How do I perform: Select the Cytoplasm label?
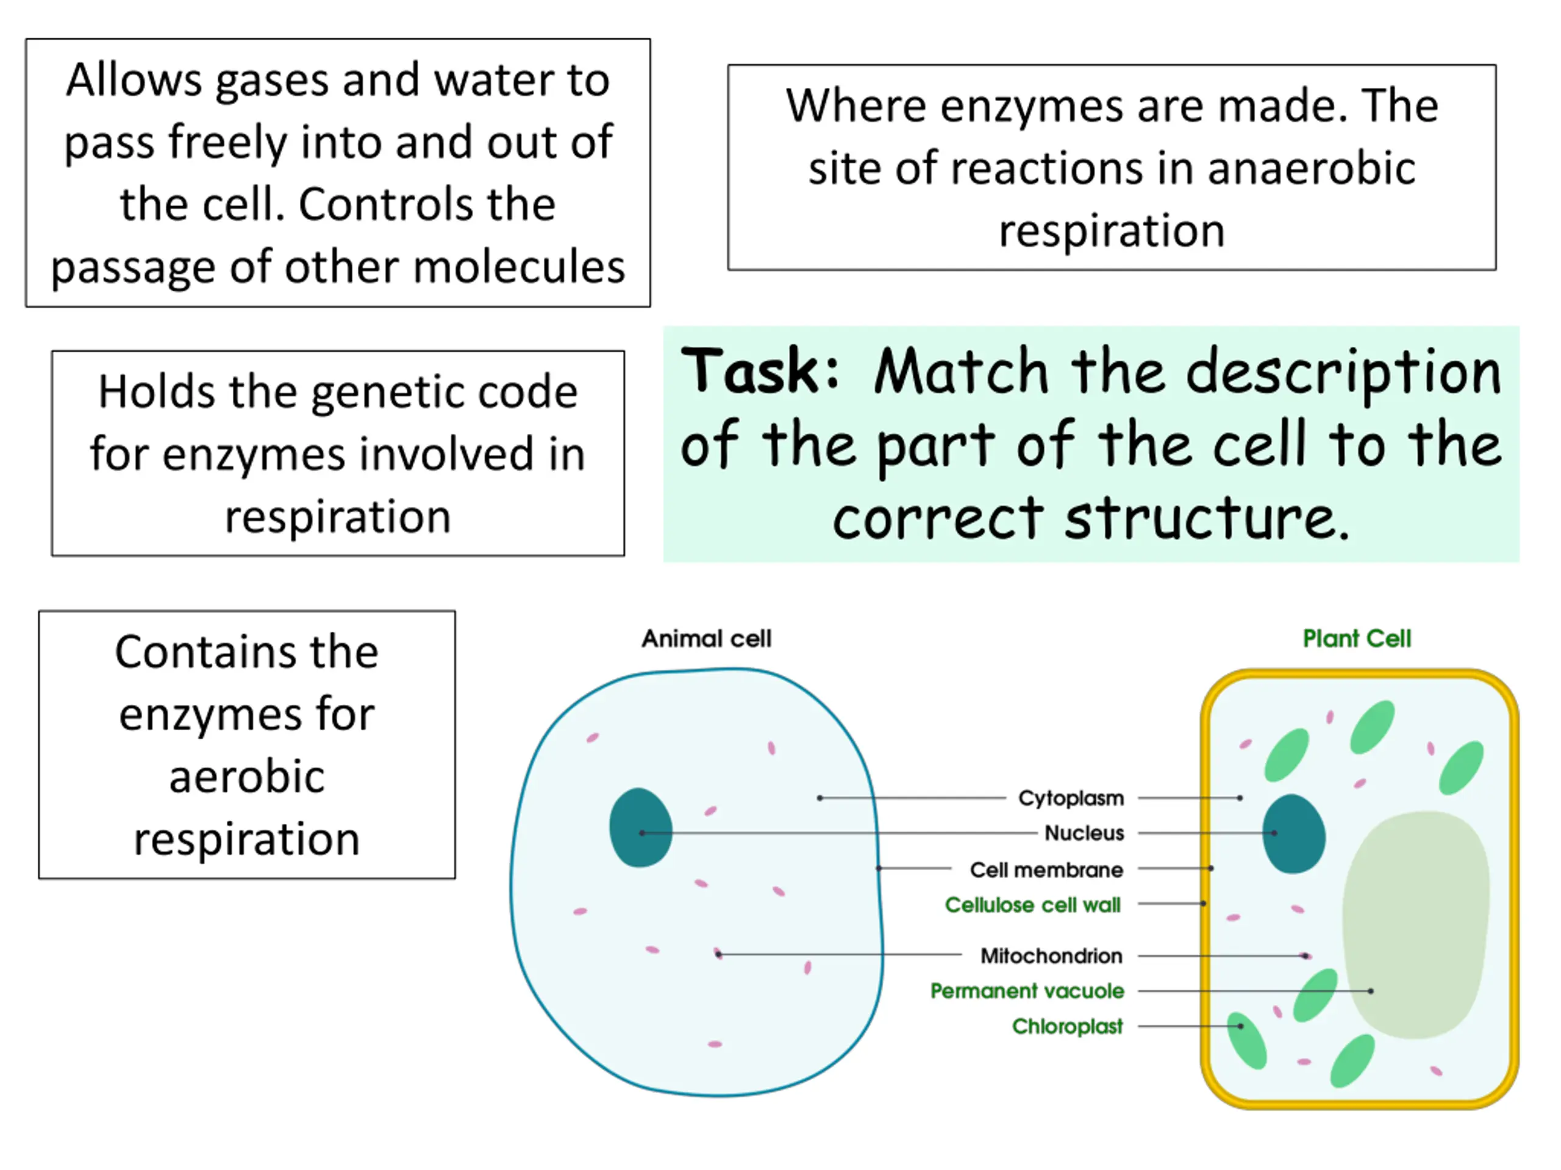[x=1071, y=798]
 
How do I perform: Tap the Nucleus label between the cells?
[x=1084, y=833]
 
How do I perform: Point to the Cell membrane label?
[x=1046, y=870]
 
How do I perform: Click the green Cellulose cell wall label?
[x=1032, y=905]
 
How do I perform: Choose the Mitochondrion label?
[x=1051, y=955]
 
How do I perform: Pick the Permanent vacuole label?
[x=1027, y=991]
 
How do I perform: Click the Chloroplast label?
[x=1067, y=1026]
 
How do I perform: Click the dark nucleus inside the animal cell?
[x=640, y=828]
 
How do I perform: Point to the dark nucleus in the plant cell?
[x=1293, y=834]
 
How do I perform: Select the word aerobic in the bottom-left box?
[x=247, y=776]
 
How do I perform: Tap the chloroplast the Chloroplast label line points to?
[x=1246, y=1040]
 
